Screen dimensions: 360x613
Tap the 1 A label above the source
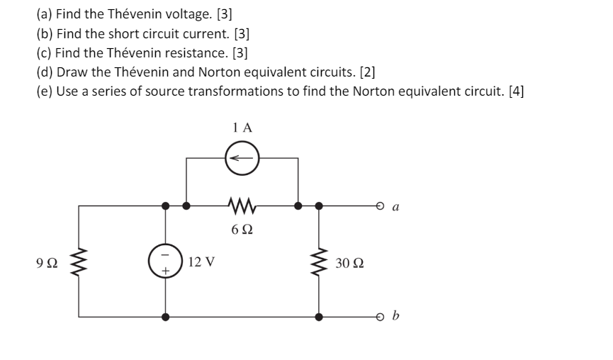pos(242,128)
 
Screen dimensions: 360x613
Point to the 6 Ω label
pos(242,230)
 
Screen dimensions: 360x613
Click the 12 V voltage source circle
pos(165,261)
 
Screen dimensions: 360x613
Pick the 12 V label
pos(202,261)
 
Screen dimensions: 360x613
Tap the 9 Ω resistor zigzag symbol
pos(78,261)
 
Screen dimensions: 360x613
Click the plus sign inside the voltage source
pos(165,270)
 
